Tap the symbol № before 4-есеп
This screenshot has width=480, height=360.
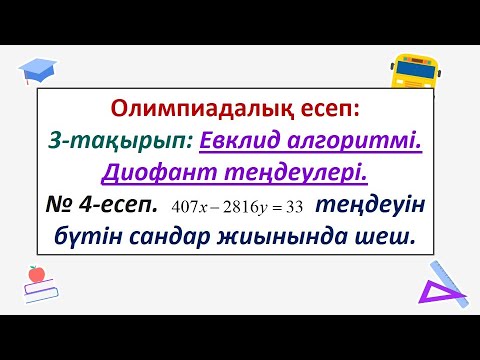[62, 206]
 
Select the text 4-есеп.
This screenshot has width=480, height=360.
[121, 206]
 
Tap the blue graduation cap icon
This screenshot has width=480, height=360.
[41, 68]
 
